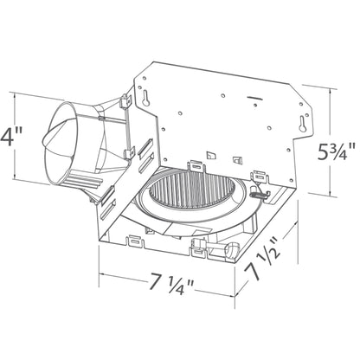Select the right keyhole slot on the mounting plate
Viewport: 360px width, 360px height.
[x=302, y=124]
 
